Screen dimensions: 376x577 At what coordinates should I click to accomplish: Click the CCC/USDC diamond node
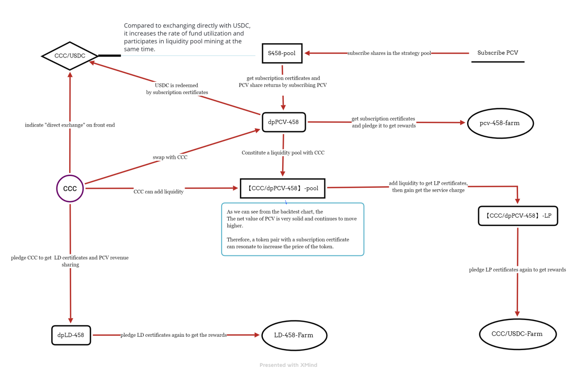[x=70, y=55]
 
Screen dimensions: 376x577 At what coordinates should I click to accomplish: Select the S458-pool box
[x=282, y=53]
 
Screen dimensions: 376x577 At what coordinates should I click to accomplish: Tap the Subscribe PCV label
[x=498, y=53]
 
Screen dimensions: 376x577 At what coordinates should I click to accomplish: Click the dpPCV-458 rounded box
[x=283, y=123]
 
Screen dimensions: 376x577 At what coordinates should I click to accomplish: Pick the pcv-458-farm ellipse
[x=500, y=123]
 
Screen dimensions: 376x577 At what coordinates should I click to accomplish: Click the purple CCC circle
[x=70, y=188]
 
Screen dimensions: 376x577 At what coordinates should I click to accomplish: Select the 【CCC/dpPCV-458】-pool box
[x=283, y=188]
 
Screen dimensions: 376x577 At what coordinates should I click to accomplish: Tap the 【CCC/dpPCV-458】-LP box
[x=518, y=216]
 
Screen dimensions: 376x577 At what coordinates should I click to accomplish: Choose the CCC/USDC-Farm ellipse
[x=517, y=334]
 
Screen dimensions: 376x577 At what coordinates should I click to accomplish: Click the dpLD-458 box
[x=71, y=335]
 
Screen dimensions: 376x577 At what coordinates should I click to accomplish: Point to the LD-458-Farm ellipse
[x=294, y=335]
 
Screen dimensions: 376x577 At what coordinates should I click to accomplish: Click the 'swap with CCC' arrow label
[x=170, y=157]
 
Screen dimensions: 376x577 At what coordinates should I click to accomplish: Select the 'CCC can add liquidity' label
[x=158, y=192]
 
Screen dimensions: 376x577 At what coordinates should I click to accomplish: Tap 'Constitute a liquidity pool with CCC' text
[x=283, y=153]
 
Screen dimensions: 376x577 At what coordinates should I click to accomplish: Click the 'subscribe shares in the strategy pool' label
[x=389, y=53]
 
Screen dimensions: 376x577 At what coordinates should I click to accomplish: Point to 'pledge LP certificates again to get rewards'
[x=517, y=270]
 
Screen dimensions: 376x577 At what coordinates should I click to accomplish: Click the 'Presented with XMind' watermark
[x=288, y=365]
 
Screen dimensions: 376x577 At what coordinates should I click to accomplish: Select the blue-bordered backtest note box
[x=293, y=229]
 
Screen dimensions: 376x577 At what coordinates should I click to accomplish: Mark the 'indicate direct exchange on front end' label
[x=70, y=125]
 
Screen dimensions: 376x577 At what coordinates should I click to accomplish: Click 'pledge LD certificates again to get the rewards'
[x=173, y=335]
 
